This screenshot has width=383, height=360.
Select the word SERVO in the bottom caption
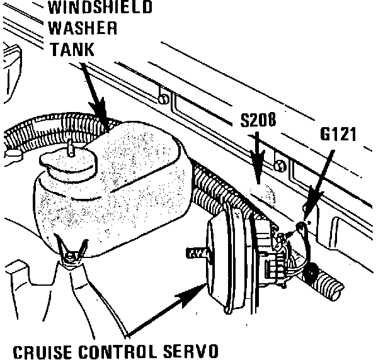(192, 349)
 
